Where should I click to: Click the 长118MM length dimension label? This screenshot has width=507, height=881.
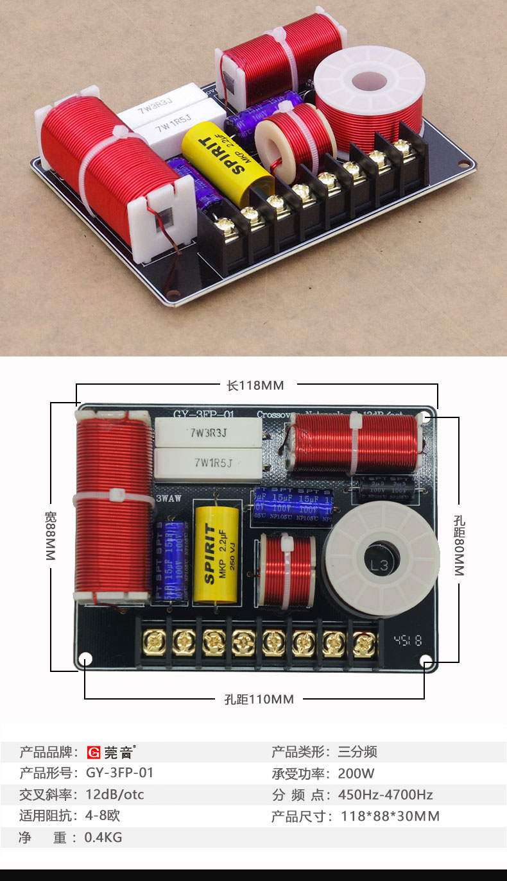click(255, 385)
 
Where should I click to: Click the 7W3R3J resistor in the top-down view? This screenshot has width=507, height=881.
click(209, 433)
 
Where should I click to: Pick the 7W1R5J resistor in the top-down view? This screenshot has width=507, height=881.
click(209, 461)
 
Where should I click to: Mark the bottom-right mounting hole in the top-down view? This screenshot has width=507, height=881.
click(425, 660)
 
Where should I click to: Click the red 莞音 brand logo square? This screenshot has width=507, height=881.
click(94, 752)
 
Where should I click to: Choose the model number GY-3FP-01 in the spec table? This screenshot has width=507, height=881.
click(119, 773)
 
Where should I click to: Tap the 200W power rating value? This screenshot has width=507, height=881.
click(356, 773)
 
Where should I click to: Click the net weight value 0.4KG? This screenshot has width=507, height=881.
click(103, 837)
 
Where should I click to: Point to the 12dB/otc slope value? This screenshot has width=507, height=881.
click(115, 795)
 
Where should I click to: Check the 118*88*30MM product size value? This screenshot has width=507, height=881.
click(388, 816)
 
